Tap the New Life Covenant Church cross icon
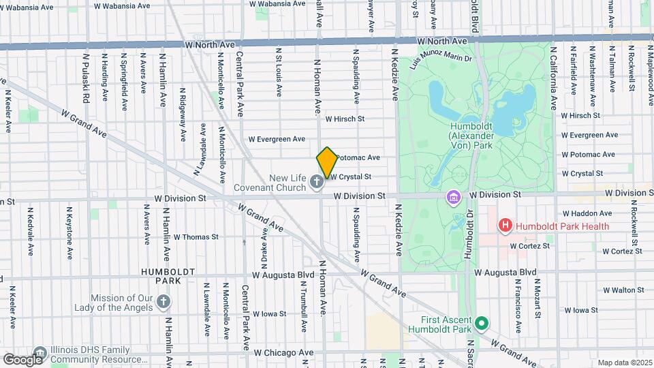tap(316, 182)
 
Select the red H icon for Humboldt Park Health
tap(505, 225)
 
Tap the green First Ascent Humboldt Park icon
tap(482, 324)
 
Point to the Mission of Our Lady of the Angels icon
tap(163, 301)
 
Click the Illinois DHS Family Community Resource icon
tap(40, 353)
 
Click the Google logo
tap(22, 359)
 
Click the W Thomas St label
tap(196, 237)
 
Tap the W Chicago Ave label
tap(283, 353)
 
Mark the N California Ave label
tap(553, 79)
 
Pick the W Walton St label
tap(589, 290)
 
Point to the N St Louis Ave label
tap(279, 72)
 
